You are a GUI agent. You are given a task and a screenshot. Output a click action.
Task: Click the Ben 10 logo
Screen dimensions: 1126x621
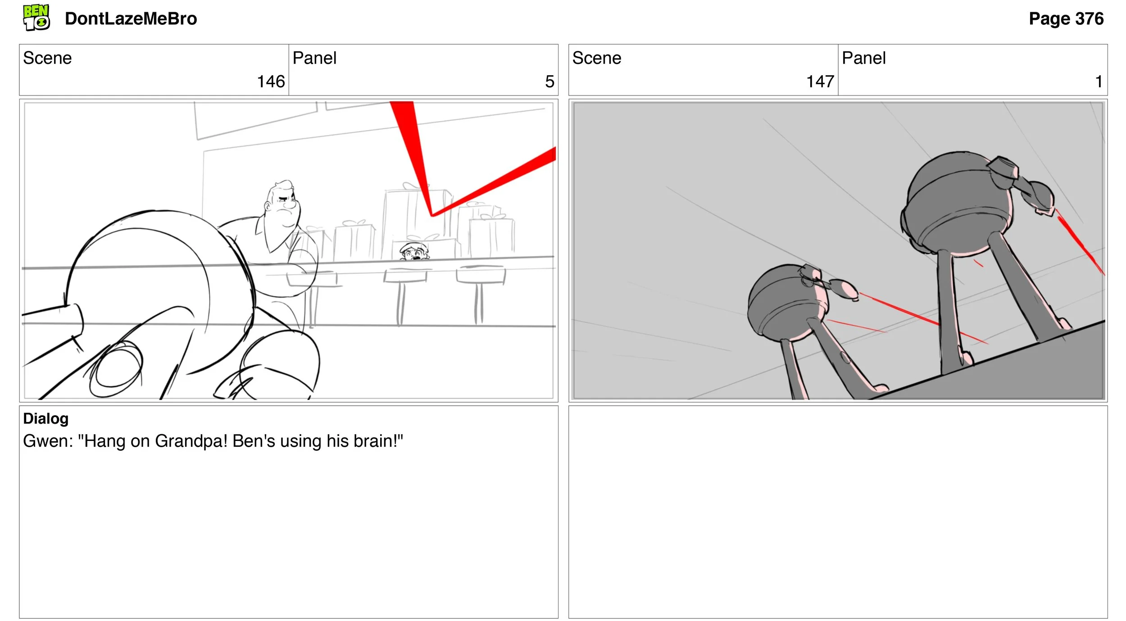coord(36,18)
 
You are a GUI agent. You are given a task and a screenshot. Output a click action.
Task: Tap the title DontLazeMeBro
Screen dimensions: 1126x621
coord(131,19)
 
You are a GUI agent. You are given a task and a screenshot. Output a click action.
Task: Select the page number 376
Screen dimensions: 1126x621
coord(1089,19)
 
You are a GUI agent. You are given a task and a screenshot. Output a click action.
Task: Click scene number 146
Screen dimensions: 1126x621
coord(271,82)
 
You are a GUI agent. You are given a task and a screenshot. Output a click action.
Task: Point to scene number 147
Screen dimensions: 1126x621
coord(820,82)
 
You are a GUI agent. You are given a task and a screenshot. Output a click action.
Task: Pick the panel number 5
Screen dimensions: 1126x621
coord(549,82)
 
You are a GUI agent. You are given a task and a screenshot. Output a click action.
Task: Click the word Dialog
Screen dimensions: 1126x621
coord(46,419)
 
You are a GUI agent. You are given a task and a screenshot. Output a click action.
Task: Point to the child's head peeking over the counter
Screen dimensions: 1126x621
coord(414,252)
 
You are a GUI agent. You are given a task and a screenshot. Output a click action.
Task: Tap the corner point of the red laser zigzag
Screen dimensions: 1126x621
coord(431,216)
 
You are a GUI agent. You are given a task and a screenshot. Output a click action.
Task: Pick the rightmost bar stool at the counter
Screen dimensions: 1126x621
coord(480,293)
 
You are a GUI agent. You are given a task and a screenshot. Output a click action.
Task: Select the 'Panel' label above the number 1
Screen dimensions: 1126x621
coord(863,58)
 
